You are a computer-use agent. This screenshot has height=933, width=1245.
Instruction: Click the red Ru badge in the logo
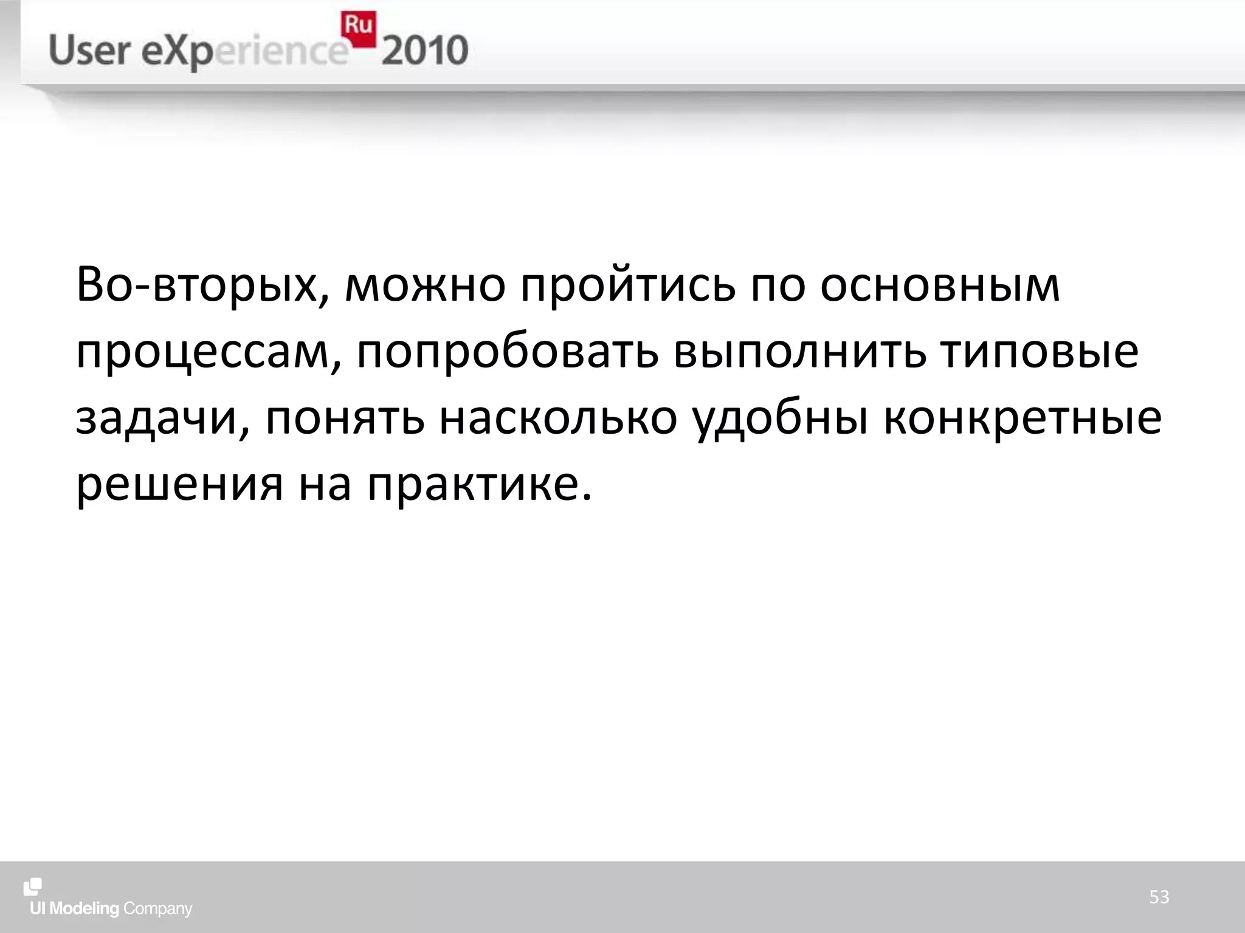coord(359,28)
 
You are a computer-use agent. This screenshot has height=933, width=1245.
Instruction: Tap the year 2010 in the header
coord(425,51)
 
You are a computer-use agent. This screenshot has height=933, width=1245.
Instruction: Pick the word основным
coord(940,285)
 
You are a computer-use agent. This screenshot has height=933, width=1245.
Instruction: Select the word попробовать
coord(508,352)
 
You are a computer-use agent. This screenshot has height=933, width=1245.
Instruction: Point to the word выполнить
coord(800,352)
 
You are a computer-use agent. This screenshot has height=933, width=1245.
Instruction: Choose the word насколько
coord(558,419)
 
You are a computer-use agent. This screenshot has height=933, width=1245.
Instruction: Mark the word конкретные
coord(1023,419)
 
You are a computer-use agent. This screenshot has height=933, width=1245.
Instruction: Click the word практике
coord(479,486)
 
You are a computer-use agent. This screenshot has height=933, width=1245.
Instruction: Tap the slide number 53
coord(1159,897)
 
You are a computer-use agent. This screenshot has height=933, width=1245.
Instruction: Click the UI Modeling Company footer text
coord(111,909)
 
